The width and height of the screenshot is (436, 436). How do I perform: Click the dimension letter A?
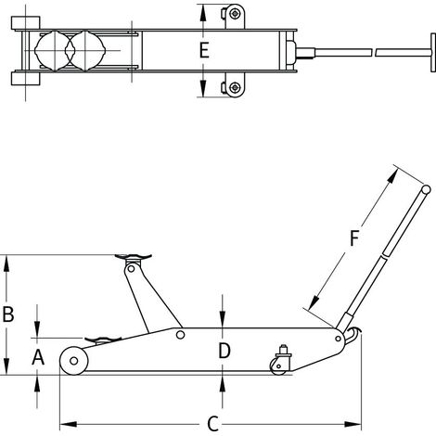38,357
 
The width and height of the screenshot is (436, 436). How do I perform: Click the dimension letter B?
8,314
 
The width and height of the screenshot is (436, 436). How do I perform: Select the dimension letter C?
213,424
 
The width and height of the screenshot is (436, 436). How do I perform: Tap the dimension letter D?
224,351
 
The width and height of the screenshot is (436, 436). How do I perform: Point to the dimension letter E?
204,50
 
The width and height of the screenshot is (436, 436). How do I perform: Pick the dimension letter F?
354,238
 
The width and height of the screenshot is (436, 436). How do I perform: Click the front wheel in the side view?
74,361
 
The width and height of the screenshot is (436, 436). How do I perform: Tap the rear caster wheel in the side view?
278,367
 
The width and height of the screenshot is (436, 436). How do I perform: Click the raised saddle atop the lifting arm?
133,257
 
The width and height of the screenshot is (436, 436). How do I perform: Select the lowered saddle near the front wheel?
103,340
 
